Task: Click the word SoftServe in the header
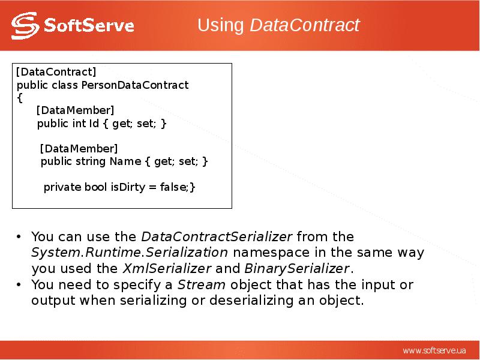[x=89, y=26]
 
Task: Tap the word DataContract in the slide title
[x=304, y=25]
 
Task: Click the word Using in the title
[x=221, y=25]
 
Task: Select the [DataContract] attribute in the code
[x=56, y=73]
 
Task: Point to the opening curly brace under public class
[x=19, y=97]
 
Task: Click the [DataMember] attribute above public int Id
[x=75, y=110]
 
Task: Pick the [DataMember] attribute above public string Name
[x=79, y=148]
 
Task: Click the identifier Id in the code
[x=94, y=124]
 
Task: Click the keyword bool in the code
[x=95, y=187]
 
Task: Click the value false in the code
[x=173, y=187]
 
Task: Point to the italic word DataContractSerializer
[x=217, y=236]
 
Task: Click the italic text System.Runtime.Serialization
[x=130, y=252]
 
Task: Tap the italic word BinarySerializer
[x=296, y=268]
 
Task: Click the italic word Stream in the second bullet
[x=202, y=284]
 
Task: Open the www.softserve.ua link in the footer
[x=434, y=350]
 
